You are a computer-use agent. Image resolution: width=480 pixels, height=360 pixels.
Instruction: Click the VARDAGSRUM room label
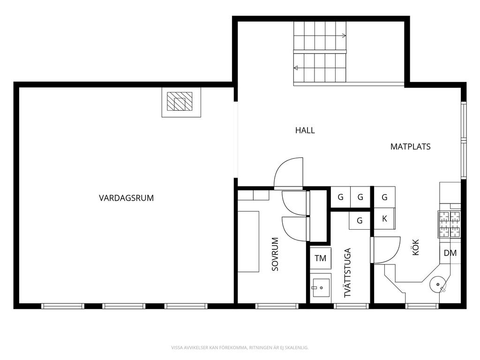coord(126,198)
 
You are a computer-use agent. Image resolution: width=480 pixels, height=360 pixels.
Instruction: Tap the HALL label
coord(305,130)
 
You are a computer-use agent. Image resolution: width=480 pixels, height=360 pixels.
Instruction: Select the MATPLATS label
coord(410,147)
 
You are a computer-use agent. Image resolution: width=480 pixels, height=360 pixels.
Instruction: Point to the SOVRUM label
coord(275,254)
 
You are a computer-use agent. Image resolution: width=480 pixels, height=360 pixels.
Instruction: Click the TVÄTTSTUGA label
coord(347,273)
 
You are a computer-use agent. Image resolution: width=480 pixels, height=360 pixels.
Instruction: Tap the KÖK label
coord(415,247)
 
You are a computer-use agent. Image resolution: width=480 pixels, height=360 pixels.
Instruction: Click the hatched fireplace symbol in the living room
coord(180,101)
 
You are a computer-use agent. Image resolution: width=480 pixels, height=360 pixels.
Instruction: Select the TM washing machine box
coord(321,258)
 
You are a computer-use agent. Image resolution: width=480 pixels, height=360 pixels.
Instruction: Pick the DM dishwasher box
coord(450,253)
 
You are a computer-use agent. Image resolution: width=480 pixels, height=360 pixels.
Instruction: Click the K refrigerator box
coord(384,218)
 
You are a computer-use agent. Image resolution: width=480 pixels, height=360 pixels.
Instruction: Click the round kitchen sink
coord(438,285)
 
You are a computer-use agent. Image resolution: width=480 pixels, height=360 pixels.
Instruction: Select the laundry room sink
coord(321,288)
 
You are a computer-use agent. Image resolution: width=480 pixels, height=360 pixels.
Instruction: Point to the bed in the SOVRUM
coord(248,241)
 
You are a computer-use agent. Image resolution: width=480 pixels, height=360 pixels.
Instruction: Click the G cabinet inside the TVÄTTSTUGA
coord(360,220)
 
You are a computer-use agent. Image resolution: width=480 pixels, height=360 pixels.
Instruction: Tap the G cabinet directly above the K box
coord(384,197)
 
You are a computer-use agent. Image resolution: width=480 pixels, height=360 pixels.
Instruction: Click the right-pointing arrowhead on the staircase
coord(344,36)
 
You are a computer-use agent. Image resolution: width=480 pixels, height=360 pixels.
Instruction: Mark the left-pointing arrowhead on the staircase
coord(296,68)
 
